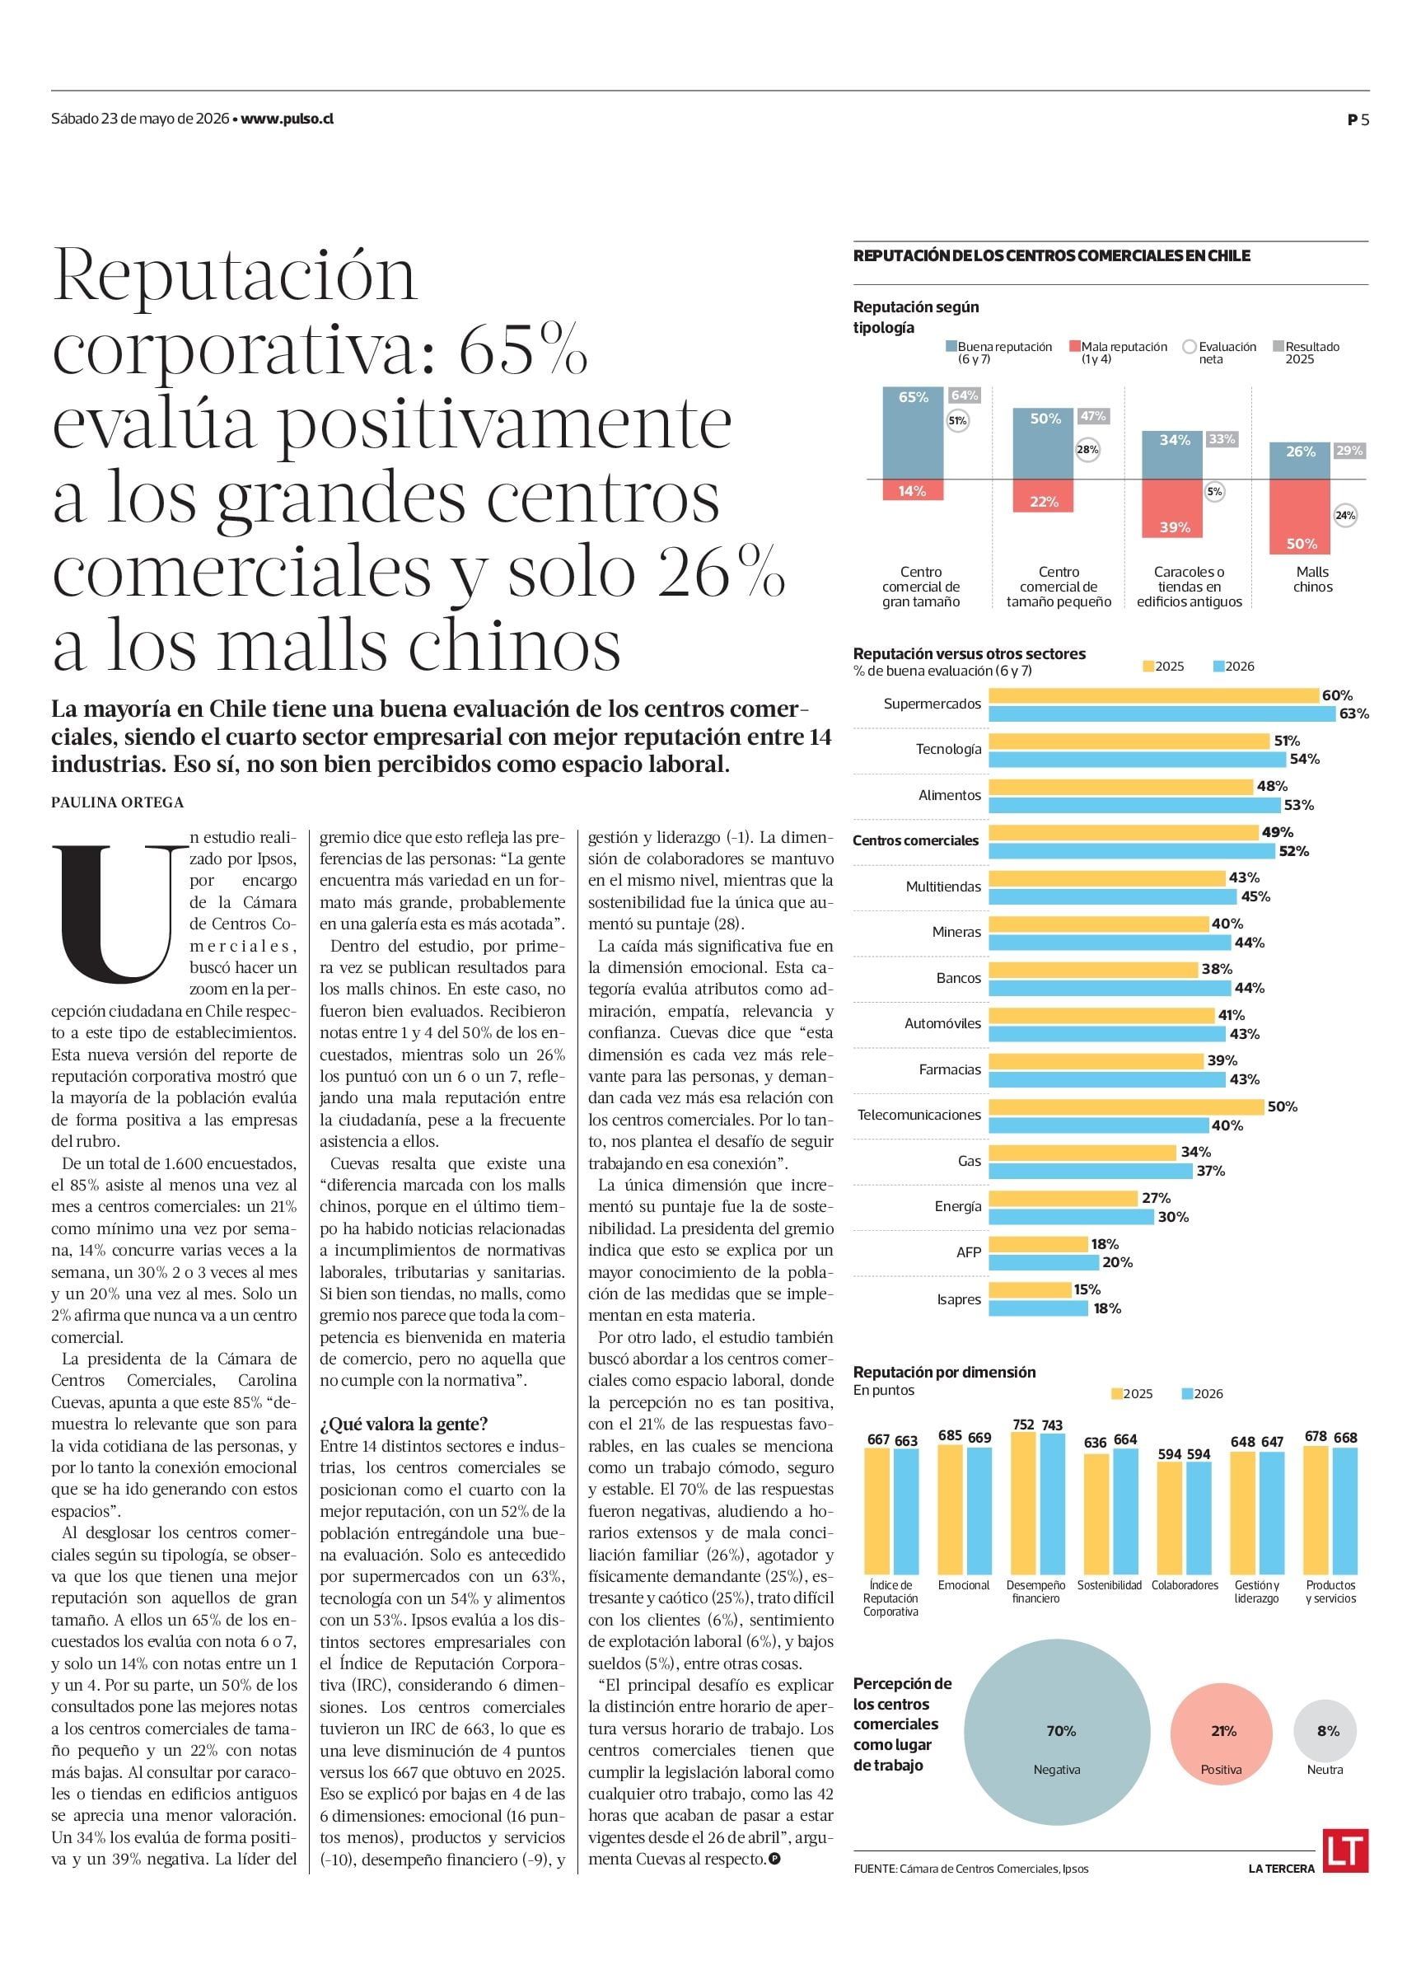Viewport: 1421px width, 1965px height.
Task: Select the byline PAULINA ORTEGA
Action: click(117, 802)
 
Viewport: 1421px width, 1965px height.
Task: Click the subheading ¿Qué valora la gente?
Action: click(404, 1424)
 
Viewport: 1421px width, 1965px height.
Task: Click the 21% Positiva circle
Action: click(1222, 1734)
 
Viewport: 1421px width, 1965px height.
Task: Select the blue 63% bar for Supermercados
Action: click(1162, 714)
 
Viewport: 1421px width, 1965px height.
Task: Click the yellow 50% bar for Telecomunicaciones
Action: click(1126, 1106)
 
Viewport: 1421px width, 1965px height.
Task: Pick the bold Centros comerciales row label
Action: click(915, 840)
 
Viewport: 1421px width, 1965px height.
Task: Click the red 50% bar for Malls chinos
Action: click(1300, 517)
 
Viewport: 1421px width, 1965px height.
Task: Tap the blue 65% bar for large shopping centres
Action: click(914, 433)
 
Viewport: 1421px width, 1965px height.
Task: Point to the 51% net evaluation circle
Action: click(957, 421)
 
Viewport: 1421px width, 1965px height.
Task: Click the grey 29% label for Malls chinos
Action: click(1349, 451)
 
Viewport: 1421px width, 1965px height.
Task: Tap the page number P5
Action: click(1358, 120)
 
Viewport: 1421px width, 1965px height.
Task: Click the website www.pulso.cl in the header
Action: click(287, 119)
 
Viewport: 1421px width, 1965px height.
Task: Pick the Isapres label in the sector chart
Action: click(958, 1299)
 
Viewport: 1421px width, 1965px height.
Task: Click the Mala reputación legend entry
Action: click(1119, 353)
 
